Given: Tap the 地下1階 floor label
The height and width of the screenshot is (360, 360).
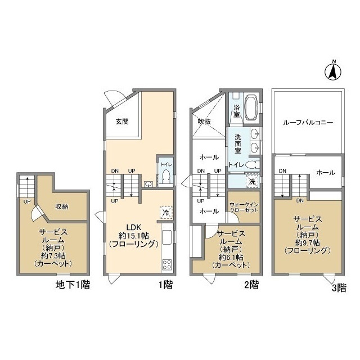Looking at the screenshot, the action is [73, 285].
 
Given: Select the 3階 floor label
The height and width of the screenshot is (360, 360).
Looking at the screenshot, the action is [339, 288].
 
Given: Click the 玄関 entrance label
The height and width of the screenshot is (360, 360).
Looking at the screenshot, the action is [122, 121].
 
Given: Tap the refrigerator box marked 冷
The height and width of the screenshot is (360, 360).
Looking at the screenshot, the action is [166, 213].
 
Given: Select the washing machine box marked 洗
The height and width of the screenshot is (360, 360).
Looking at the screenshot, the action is [253, 182].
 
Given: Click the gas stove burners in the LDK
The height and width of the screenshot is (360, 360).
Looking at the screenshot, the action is [167, 264].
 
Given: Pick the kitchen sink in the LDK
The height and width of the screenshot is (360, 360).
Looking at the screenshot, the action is [167, 237].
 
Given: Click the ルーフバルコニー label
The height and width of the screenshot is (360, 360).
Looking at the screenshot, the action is [308, 123].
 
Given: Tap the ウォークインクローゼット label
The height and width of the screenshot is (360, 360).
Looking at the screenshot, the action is [244, 208].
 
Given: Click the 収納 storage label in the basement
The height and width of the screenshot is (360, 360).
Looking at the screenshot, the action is [62, 206].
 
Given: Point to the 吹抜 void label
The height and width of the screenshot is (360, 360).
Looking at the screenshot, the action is [204, 121].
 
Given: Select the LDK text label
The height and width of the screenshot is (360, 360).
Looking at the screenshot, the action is [134, 227].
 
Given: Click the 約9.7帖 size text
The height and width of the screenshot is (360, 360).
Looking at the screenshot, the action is [308, 242].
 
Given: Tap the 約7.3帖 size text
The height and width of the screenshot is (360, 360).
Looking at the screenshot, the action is [53, 255].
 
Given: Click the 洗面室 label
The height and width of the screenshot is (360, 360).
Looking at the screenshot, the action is [238, 144].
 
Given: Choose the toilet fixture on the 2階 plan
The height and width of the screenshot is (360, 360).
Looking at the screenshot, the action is [251, 165].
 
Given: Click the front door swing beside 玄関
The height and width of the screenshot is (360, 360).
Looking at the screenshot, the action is [114, 97].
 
